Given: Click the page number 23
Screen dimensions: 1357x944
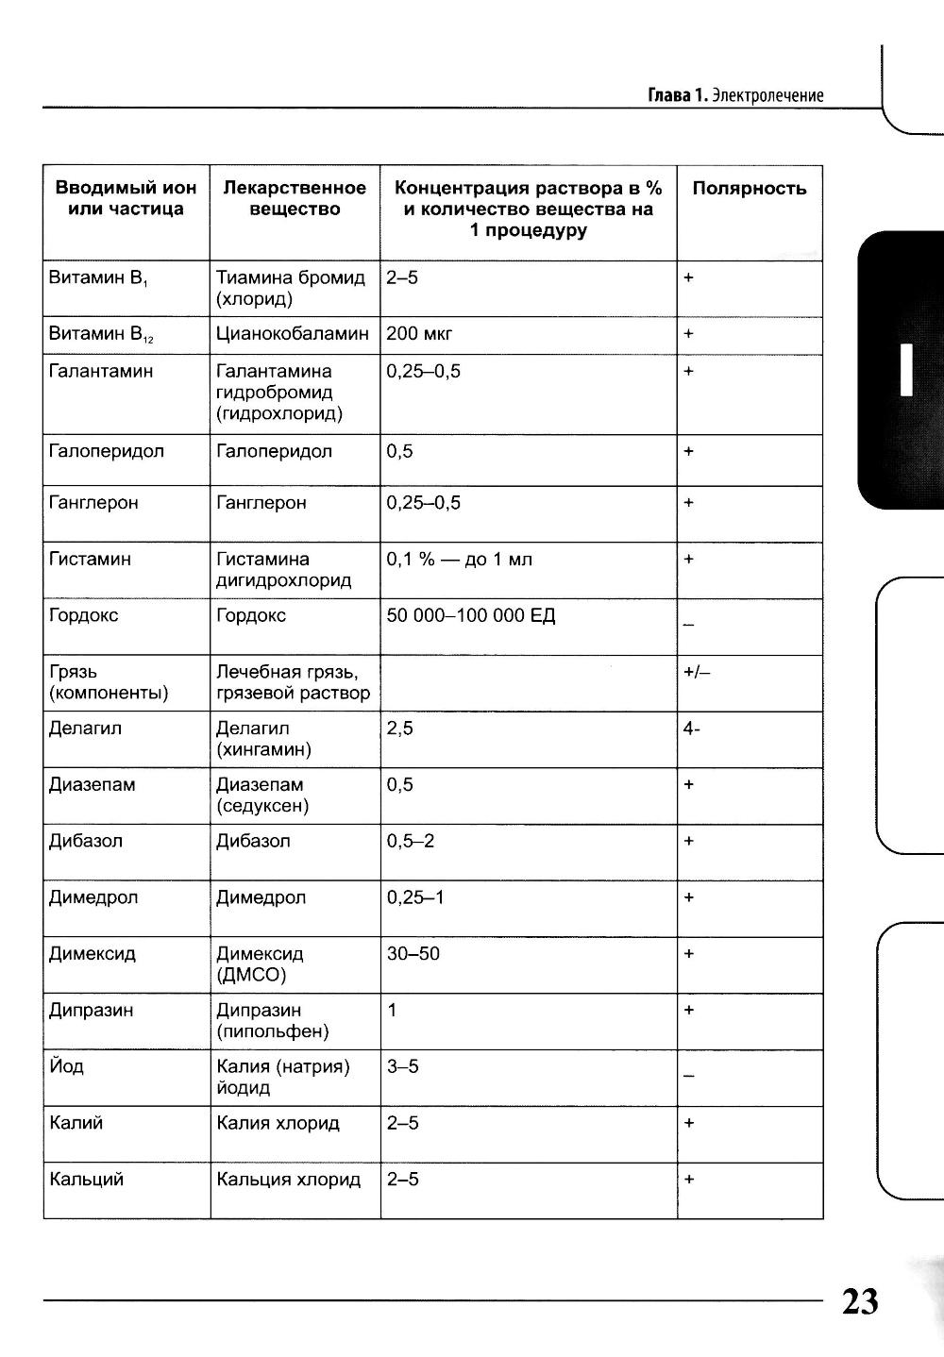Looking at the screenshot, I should pyautogui.click(x=859, y=1300).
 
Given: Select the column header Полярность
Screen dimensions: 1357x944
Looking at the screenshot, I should pyautogui.click(x=749, y=189).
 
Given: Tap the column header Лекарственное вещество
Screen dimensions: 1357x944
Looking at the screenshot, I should pyautogui.click(x=295, y=199).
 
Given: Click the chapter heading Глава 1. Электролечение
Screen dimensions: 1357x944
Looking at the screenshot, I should pyautogui.click(x=735, y=95).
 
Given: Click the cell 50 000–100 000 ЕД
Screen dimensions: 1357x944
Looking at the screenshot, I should pyautogui.click(x=470, y=616).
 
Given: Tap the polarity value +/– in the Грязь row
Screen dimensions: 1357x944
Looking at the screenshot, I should pyautogui.click(x=696, y=673).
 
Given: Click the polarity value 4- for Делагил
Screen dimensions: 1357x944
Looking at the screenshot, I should pyautogui.click(x=691, y=729).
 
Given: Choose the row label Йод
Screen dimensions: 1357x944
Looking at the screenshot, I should pyautogui.click(x=66, y=1066).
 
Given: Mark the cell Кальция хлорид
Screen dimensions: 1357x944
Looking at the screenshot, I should pyautogui.click(x=288, y=1180).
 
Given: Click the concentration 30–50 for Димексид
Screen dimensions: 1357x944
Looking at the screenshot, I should pyautogui.click(x=413, y=954).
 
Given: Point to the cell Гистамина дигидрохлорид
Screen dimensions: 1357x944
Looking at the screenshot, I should pyautogui.click(x=283, y=570).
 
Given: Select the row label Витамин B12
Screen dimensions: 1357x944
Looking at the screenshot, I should pyautogui.click(x=100, y=335).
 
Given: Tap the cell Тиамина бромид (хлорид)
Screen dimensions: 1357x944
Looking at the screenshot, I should pyautogui.click(x=290, y=289).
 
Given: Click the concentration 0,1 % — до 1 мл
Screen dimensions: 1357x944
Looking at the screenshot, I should pyautogui.click(x=459, y=560).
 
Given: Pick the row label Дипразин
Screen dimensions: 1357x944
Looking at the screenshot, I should pyautogui.click(x=91, y=1011).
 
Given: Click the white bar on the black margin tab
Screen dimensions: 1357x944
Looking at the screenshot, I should pyautogui.click(x=906, y=370).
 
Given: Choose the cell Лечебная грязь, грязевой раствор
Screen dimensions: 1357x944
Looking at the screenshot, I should pyautogui.click(x=293, y=683).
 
